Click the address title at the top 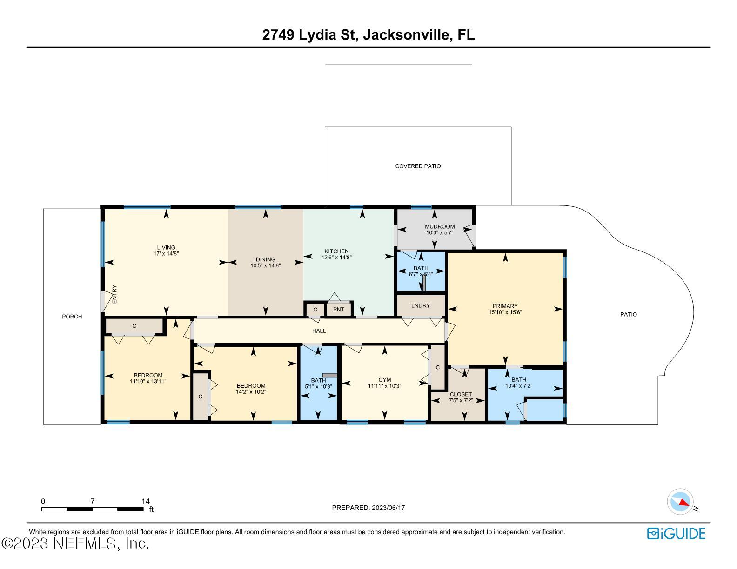(368, 35)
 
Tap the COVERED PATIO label (418, 166)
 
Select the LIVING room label (166, 247)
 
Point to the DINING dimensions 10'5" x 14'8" (265, 265)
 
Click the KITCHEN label (336, 251)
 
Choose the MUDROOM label (440, 226)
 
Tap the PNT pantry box (338, 310)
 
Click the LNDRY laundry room (421, 306)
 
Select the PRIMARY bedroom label (505, 306)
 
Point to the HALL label (319, 331)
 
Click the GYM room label (385, 380)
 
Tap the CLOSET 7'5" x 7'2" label (461, 397)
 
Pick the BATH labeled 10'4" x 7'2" (519, 383)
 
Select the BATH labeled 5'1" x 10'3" (318, 384)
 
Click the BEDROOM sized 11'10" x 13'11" (148, 378)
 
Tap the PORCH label (72, 317)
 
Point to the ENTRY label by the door (114, 294)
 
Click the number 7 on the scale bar (92, 501)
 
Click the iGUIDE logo (677, 534)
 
